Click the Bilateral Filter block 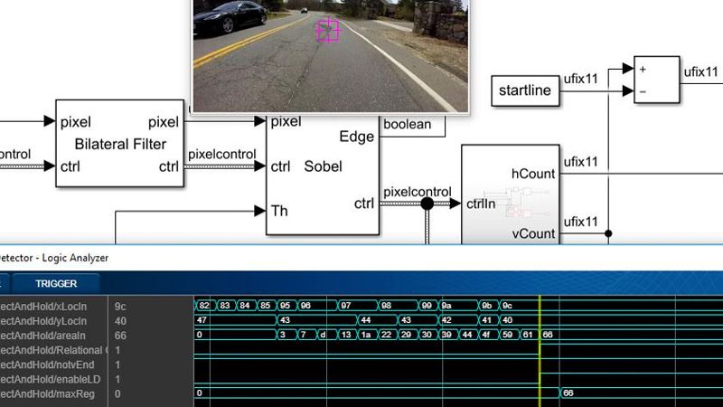pyautogui.click(x=120, y=144)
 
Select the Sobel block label pyautogui.click(x=323, y=166)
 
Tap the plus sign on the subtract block pyautogui.click(x=643, y=69)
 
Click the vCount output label pyautogui.click(x=533, y=232)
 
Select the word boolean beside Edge pyautogui.click(x=408, y=125)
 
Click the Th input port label pyautogui.click(x=280, y=211)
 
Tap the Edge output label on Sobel pyautogui.click(x=356, y=137)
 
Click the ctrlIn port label pyautogui.click(x=480, y=203)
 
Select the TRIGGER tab pyautogui.click(x=56, y=283)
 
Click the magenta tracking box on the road pyautogui.click(x=327, y=31)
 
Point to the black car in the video pyautogui.click(x=237, y=15)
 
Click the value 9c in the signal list pyautogui.click(x=120, y=307)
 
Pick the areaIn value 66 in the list pyautogui.click(x=120, y=336)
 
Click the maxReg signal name pyautogui.click(x=54, y=393)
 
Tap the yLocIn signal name pyautogui.click(x=54, y=321)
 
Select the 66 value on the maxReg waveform pyautogui.click(x=568, y=393)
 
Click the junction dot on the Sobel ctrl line pyautogui.click(x=427, y=203)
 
